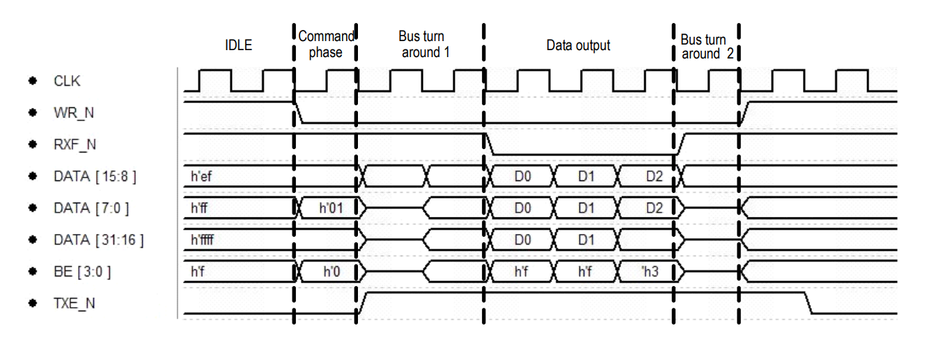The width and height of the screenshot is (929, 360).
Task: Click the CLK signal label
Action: [x=67, y=81]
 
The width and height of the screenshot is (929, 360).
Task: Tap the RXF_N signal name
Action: [x=74, y=145]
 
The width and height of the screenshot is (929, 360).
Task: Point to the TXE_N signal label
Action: [x=74, y=304]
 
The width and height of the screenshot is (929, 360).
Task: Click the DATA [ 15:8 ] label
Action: [x=95, y=177]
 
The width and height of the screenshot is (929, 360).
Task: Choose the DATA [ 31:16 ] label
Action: [x=98, y=240]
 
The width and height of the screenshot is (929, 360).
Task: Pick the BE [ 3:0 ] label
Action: [x=82, y=272]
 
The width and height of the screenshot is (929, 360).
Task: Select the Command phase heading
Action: [x=325, y=44]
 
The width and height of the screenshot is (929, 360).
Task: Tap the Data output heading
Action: [x=578, y=46]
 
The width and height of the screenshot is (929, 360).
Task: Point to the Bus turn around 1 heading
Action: [x=421, y=44]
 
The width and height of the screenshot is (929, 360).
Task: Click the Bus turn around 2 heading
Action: [x=705, y=47]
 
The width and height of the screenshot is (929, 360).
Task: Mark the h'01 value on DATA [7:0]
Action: [x=331, y=208]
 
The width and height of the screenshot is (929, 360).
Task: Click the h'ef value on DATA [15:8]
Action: [x=201, y=177]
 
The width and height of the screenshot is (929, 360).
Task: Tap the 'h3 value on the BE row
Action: [x=650, y=272]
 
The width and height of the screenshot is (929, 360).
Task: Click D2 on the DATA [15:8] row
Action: [x=654, y=177]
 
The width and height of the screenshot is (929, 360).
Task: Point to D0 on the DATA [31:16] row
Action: [x=522, y=240]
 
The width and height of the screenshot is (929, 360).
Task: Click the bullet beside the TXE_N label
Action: [x=32, y=304]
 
